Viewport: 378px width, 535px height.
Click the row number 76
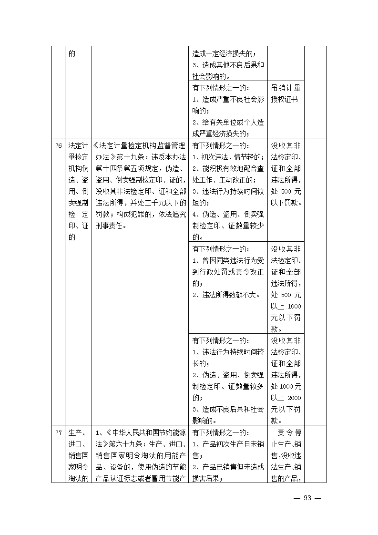[x=58, y=145]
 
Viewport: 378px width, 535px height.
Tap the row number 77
[x=58, y=433]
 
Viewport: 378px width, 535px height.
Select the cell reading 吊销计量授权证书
[x=286, y=94]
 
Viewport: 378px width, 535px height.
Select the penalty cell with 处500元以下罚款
[x=286, y=174]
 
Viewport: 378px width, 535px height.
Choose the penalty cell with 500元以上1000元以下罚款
[x=286, y=288]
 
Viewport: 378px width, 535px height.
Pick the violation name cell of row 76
[x=79, y=191]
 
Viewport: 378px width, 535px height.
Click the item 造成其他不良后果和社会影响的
[x=228, y=71]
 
